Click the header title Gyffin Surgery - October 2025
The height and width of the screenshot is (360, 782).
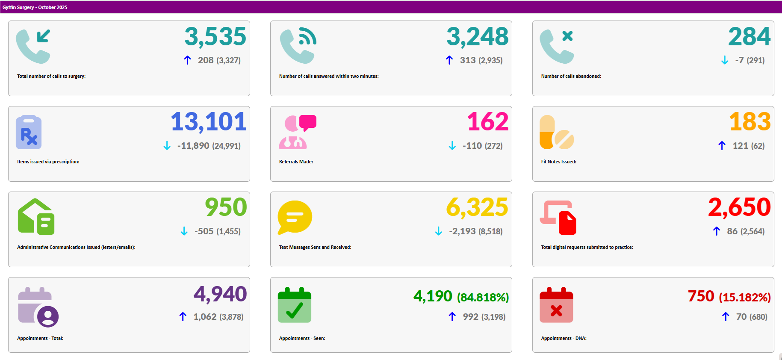pos(35,7)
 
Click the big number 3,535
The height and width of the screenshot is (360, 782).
pos(215,37)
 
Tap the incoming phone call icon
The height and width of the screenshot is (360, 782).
pos(33,46)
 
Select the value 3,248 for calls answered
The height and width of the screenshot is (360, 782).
pos(477,37)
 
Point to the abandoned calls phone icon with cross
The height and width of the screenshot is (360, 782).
pos(556,46)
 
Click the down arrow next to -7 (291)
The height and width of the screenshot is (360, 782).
pos(725,60)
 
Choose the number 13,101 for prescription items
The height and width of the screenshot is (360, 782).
pos(209,122)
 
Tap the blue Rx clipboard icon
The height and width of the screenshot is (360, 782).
pos(29,132)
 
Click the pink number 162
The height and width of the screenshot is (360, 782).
pos(487,122)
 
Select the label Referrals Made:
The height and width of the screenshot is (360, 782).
pos(296,162)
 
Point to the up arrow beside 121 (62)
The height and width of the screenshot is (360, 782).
pos(722,146)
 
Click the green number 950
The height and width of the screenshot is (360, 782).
pos(226,208)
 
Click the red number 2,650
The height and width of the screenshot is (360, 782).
pos(739,208)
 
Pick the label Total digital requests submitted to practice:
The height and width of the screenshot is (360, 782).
pos(587,247)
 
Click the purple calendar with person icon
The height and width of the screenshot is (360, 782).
pos(38,306)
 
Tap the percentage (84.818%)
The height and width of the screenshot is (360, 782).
pos(483,297)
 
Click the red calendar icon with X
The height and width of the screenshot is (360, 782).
pos(556,305)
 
